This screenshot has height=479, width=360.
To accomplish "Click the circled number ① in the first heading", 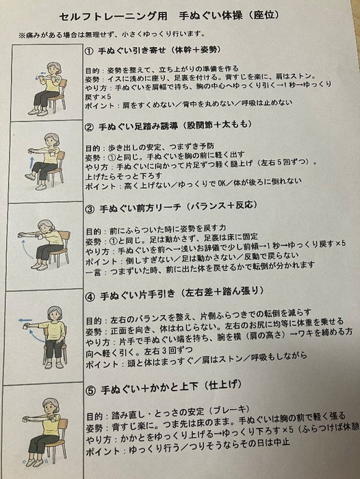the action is pyautogui.click(x=89, y=51).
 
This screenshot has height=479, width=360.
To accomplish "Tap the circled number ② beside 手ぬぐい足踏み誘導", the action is pyautogui.click(x=89, y=127).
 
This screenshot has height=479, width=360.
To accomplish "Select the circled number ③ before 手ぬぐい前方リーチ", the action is pyautogui.click(x=90, y=209).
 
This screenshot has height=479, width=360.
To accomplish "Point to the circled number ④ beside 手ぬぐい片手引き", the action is pyautogui.click(x=90, y=296).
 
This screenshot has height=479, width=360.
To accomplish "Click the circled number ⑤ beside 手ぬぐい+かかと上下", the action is pyautogui.click(x=91, y=391).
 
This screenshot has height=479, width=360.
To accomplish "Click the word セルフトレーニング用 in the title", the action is pyautogui.click(x=114, y=16).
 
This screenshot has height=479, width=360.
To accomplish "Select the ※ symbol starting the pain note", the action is pyautogui.click(x=21, y=36).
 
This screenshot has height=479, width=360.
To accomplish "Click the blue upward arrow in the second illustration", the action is pyautogui.click(x=31, y=163).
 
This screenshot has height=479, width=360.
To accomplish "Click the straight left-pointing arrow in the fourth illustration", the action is pyautogui.click(x=25, y=320).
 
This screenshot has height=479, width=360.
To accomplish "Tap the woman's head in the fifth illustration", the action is pyautogui.click(x=50, y=406).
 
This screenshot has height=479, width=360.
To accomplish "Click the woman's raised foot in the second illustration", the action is pyautogui.click(x=30, y=177).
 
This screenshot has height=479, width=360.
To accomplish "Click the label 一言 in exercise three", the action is pyautogui.click(x=93, y=272).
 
